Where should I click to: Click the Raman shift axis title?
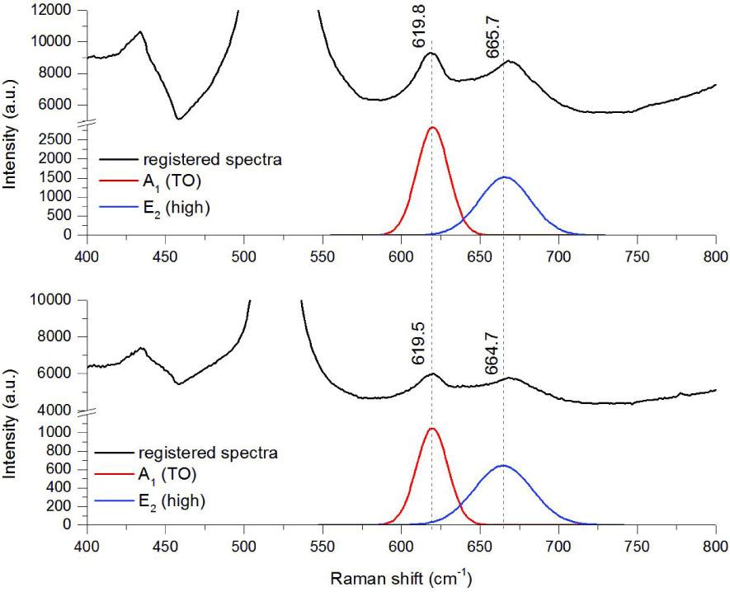click(401, 580)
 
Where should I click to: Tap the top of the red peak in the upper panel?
click(432, 128)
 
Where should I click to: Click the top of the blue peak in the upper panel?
click(505, 177)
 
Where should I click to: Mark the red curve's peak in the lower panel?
click(431, 429)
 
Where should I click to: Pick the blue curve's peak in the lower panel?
click(503, 466)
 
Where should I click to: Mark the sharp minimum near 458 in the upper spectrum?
click(178, 120)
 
